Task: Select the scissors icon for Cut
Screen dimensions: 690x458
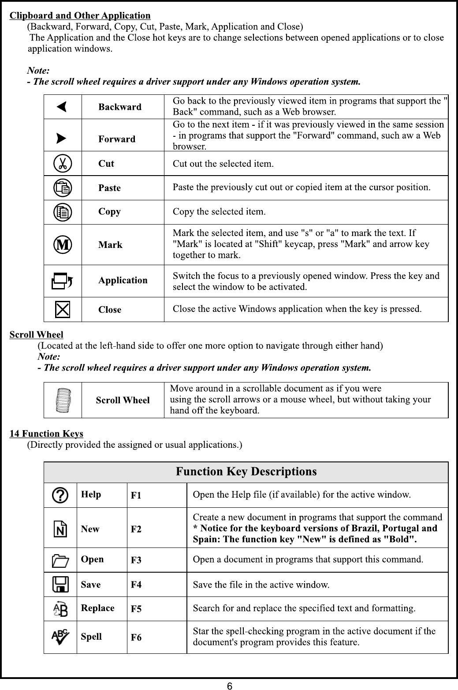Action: pyautogui.click(x=62, y=164)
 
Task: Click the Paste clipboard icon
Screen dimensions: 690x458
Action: pyautogui.click(x=63, y=188)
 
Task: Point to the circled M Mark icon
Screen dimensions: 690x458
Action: pyautogui.click(x=63, y=244)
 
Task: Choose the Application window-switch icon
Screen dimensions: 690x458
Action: pyautogui.click(x=62, y=281)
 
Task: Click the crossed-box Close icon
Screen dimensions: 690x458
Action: pyautogui.click(x=63, y=309)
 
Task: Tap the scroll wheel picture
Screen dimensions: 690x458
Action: pyautogui.click(x=63, y=400)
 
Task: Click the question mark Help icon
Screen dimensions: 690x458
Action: pyautogui.click(x=60, y=495)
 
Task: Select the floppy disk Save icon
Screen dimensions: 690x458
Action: pyautogui.click(x=60, y=585)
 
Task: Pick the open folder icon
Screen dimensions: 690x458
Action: pyautogui.click(x=60, y=560)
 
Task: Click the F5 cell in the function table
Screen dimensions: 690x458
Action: pyautogui.click(x=136, y=609)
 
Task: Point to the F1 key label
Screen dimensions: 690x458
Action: pyautogui.click(x=136, y=495)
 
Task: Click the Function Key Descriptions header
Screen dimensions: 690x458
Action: pyautogui.click(x=246, y=472)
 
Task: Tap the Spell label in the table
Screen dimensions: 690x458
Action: pyautogui.click(x=91, y=637)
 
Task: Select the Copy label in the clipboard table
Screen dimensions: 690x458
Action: pyautogui.click(x=109, y=212)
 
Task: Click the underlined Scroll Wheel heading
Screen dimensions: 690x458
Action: pyautogui.click(x=37, y=335)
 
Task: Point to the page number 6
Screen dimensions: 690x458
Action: pyautogui.click(x=229, y=685)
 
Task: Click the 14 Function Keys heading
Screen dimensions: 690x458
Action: pyautogui.click(x=46, y=434)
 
